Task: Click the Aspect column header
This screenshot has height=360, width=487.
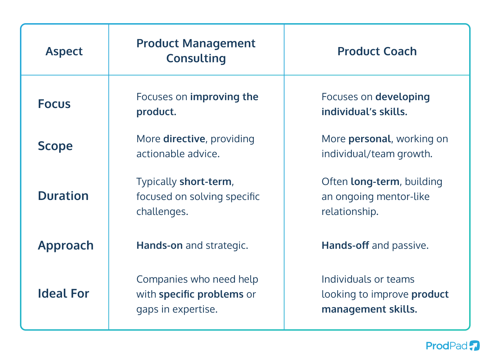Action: [x=64, y=51]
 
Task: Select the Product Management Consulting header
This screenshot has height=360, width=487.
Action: [x=196, y=51]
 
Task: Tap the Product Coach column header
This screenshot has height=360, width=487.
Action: [x=377, y=51]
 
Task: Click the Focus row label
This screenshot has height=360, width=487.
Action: [x=54, y=104]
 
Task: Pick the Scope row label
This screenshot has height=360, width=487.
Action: [x=55, y=146]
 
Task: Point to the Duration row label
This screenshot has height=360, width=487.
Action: [x=63, y=196]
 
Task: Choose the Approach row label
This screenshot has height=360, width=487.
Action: [x=66, y=245]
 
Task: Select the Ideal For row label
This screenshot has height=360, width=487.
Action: [x=63, y=293]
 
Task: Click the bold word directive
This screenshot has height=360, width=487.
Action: [x=184, y=139]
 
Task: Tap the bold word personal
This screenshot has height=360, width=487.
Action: [x=370, y=139]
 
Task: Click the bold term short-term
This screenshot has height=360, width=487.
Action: [x=206, y=181]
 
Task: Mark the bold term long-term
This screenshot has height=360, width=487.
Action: [x=375, y=181]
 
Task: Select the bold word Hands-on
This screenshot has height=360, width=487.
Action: [x=159, y=245]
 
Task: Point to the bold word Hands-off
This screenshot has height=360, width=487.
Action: [x=345, y=245]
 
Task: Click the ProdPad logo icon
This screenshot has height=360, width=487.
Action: [x=474, y=345]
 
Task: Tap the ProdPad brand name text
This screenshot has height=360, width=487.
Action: [x=446, y=346]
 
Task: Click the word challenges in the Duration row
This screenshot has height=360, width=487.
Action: [x=162, y=211]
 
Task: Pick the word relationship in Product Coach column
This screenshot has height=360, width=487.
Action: [x=349, y=211]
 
